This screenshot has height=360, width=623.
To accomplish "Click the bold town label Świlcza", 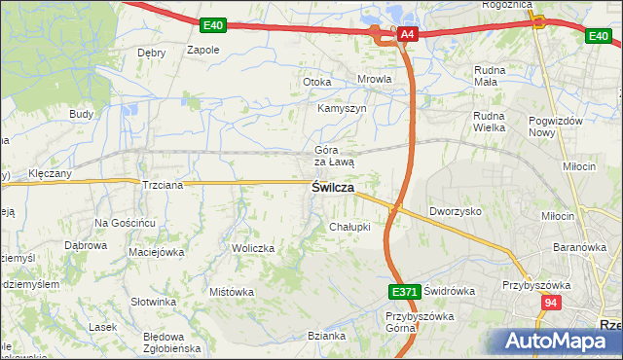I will pos(332,188).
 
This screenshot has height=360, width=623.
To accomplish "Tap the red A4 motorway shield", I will pos(408,35).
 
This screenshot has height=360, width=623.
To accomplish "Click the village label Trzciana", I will pos(163,185).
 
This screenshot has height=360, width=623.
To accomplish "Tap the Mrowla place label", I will pos(375,80).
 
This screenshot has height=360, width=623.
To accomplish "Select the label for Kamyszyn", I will pos(342,108).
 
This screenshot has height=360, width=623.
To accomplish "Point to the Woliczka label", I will pos(253,248).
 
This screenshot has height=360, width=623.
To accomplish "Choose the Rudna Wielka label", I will pos(494,120).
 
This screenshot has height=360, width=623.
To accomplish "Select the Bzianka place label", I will pos(326,336).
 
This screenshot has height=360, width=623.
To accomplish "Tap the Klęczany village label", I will pos(51,172).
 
